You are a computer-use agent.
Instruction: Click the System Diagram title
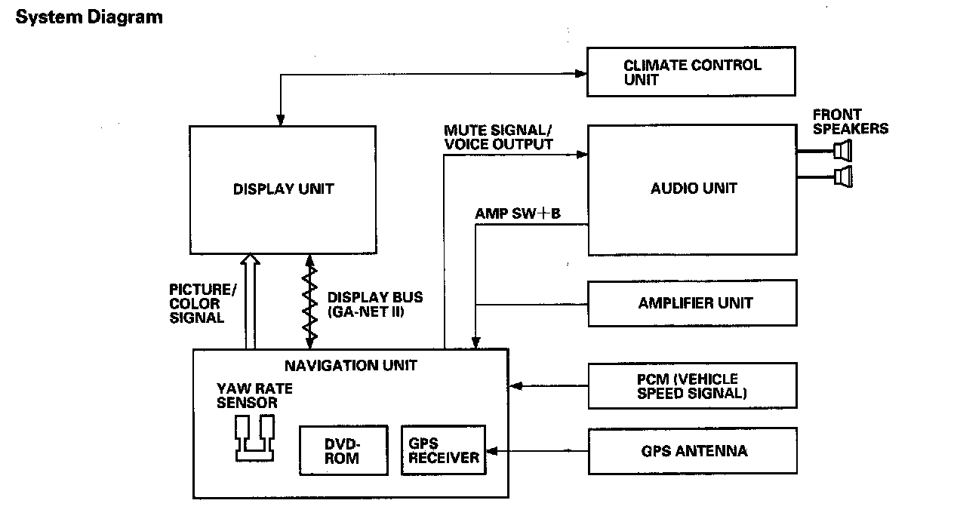[x=89, y=17]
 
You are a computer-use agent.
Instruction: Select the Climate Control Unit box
[x=691, y=72]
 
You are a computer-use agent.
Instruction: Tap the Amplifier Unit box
[x=692, y=303]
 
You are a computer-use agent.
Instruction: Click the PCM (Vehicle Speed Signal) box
[x=692, y=385]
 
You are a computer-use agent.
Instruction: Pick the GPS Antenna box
[x=692, y=451]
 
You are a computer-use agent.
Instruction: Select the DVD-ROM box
[x=343, y=450]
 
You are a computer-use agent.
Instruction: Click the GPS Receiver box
[x=443, y=450]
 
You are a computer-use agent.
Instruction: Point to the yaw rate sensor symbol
[x=254, y=437]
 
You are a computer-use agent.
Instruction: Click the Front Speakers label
[x=850, y=121]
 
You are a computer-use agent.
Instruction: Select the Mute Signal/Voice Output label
[x=498, y=137]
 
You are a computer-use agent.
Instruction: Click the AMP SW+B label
[x=518, y=213]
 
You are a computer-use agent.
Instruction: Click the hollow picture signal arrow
[x=250, y=302]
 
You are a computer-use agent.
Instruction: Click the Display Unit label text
[x=283, y=189]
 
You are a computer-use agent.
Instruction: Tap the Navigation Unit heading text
[x=350, y=366]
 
